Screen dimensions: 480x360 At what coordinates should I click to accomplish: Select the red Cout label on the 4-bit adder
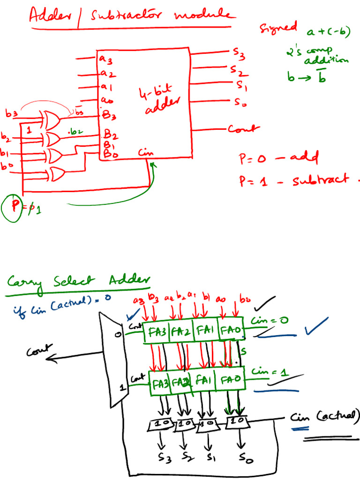244,129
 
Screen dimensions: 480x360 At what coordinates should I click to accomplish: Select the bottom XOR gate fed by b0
57,174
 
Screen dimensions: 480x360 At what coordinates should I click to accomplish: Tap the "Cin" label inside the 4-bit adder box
146,153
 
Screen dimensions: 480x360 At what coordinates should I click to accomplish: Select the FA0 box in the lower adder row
229,379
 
